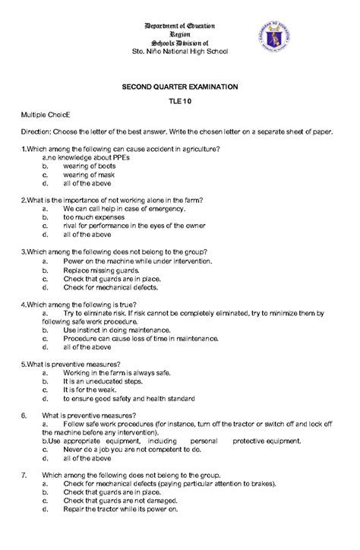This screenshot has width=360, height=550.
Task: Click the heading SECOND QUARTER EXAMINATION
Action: pyautogui.click(x=180, y=88)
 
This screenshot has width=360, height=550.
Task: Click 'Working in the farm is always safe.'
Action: pyautogui.click(x=117, y=373)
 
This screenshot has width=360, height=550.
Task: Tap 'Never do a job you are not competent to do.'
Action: pyautogui.click(x=132, y=450)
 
